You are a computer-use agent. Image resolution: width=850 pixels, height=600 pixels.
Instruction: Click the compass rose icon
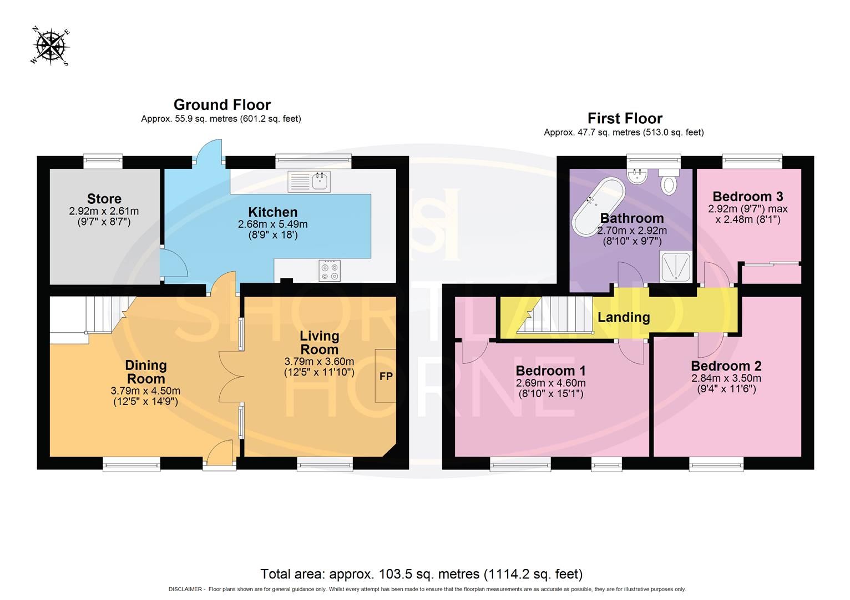[x=50, y=46]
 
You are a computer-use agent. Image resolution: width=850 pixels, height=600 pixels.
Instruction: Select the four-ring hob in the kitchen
[x=330, y=271]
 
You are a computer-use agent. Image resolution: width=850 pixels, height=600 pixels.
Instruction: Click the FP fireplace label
[x=386, y=376]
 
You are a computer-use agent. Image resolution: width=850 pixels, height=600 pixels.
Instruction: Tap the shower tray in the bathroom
[x=675, y=267]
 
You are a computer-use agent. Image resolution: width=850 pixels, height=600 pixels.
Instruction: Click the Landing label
[x=624, y=317]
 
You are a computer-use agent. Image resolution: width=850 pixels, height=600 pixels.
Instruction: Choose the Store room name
[x=104, y=198]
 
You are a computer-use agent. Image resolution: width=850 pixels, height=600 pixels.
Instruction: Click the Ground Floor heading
[x=222, y=104]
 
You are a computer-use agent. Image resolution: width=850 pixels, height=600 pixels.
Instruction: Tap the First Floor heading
[x=625, y=118]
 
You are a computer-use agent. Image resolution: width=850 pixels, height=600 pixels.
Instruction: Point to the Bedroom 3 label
[x=747, y=196]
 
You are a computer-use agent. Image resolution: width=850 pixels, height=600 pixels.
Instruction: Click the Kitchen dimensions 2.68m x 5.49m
[x=272, y=224]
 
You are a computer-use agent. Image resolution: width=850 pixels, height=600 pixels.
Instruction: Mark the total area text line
[x=422, y=574]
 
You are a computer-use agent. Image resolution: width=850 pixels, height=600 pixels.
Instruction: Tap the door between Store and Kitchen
[x=170, y=263]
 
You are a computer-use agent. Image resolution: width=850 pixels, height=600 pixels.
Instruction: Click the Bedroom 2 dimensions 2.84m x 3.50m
[x=726, y=378]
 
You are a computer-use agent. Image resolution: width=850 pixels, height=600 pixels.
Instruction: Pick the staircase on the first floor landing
[x=555, y=315]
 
